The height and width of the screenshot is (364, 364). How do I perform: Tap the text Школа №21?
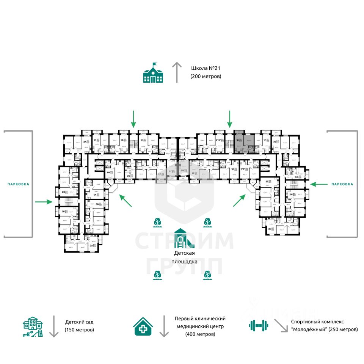coord(205,69)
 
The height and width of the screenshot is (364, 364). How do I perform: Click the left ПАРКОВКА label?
coord(18,184)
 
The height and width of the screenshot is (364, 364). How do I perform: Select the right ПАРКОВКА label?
coord(342,184)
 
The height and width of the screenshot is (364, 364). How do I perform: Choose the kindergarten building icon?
coord(33,326)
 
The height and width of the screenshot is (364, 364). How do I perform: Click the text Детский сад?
coord(79,322)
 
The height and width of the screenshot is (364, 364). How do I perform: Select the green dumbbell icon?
coord(259,325)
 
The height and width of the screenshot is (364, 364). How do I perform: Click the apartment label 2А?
coord(91,246)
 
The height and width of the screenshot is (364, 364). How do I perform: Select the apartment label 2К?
coord(270,229)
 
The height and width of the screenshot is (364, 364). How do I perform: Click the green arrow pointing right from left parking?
coord(44,202)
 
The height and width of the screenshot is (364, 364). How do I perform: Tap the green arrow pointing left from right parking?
coord(319,184)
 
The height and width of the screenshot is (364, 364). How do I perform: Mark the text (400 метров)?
coord(200,334)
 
